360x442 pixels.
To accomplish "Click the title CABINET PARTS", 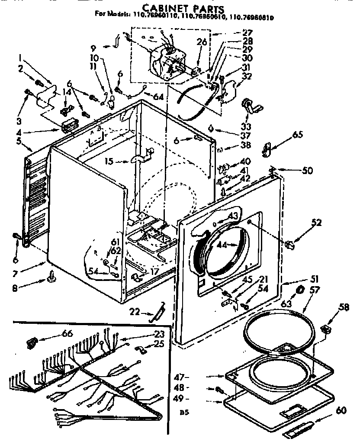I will click(x=183, y=8).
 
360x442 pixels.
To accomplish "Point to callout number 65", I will click(x=298, y=135).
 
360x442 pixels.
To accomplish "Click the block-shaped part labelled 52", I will click(x=290, y=245).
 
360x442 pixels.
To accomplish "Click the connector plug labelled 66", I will click(x=31, y=343).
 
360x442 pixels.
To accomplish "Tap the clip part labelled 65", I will click(x=267, y=149).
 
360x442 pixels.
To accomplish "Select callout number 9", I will click(x=93, y=46).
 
